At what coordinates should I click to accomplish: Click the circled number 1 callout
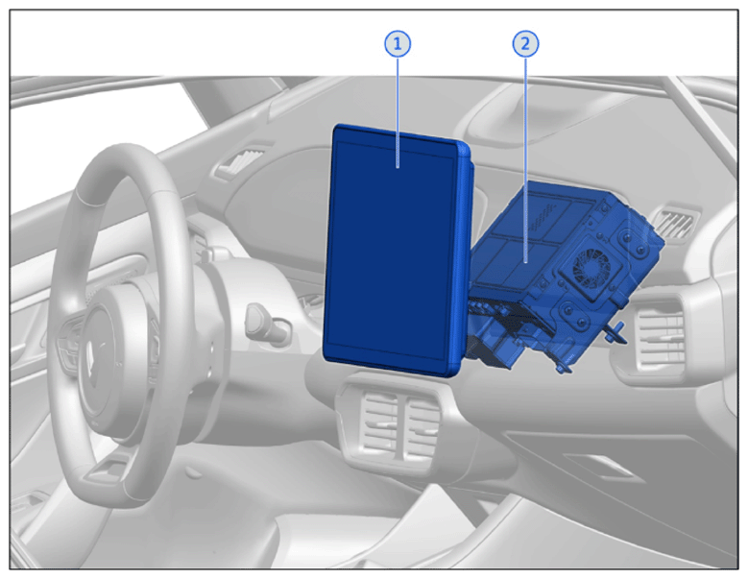(398, 44)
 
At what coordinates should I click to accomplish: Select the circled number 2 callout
(525, 44)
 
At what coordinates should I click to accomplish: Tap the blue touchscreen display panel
(395, 250)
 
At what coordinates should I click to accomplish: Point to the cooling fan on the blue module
(592, 269)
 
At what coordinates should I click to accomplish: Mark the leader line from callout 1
(398, 111)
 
